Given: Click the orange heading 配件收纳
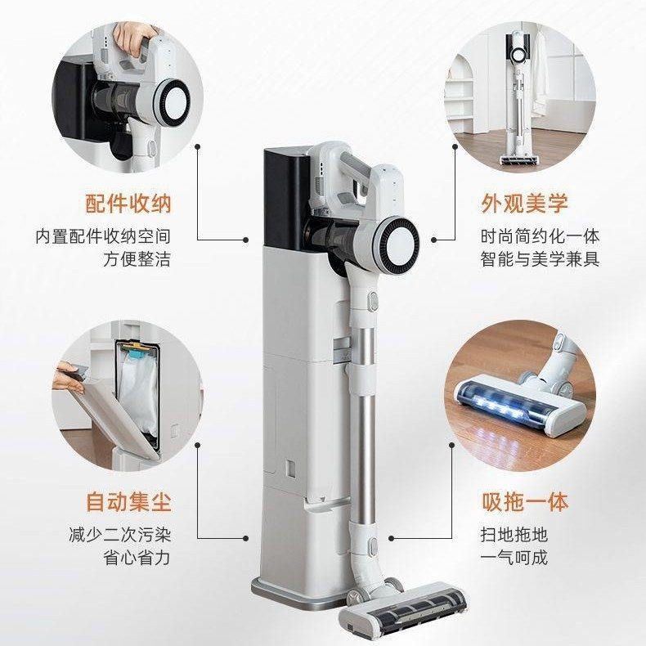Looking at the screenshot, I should tap(128, 203).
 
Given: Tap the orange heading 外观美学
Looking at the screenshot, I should tap(523, 203).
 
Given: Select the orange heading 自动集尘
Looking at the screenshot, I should tap(128, 501).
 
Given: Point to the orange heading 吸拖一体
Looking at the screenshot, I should tap(523, 501).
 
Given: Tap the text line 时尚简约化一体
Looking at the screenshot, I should tap(540, 236).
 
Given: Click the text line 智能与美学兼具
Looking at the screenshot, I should tap(540, 260).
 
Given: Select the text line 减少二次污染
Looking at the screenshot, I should tap(120, 536).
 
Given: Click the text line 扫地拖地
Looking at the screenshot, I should tap(514, 536).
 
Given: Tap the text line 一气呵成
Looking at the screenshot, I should tap(514, 559).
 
